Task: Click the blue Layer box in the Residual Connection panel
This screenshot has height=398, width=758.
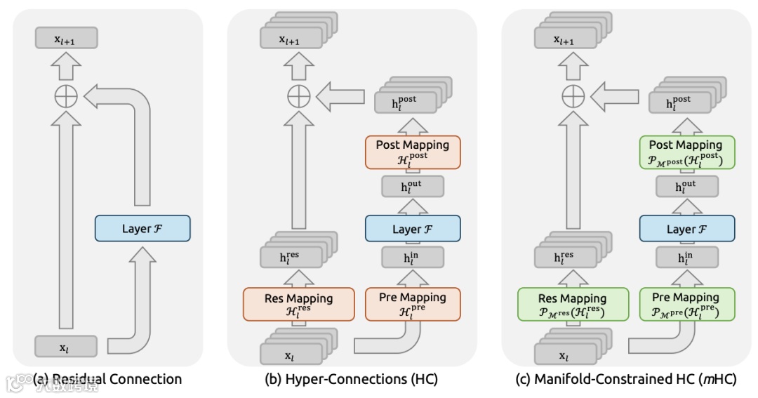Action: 142,228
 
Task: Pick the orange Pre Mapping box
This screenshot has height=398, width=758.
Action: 412,304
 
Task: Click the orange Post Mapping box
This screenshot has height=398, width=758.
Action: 412,152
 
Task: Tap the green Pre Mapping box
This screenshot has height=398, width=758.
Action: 686,304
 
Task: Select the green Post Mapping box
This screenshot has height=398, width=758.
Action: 686,152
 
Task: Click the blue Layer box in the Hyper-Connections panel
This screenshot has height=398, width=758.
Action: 412,229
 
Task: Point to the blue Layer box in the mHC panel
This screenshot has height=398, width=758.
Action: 686,229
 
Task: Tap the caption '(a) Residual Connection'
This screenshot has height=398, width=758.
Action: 107,379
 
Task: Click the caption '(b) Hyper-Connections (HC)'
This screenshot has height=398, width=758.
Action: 351,379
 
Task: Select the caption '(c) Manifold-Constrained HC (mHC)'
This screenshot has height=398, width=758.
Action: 625,379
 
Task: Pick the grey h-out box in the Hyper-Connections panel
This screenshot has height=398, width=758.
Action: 412,186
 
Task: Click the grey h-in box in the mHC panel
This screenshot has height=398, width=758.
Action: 686,257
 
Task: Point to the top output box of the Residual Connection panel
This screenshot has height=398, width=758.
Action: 66,39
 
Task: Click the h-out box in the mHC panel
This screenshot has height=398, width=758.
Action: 686,186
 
